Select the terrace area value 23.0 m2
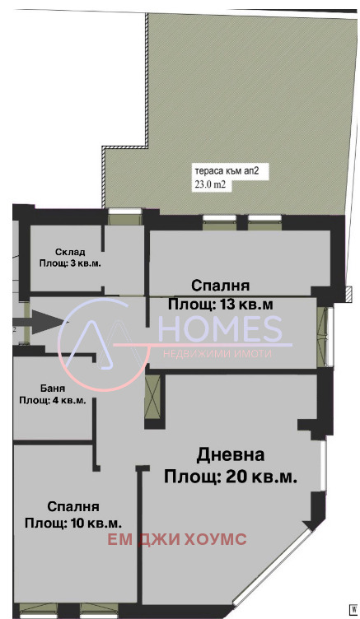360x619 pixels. click(210, 185)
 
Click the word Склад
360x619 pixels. click(71, 251)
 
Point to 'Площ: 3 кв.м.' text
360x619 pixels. click(71, 263)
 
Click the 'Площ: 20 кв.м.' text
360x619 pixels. click(231, 476)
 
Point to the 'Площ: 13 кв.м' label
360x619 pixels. click(221, 305)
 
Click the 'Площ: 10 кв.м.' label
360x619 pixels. click(73, 523)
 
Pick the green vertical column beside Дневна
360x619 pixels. click(152, 397)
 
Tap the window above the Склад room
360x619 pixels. click(125, 217)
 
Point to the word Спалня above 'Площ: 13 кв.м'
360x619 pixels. click(220, 286)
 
